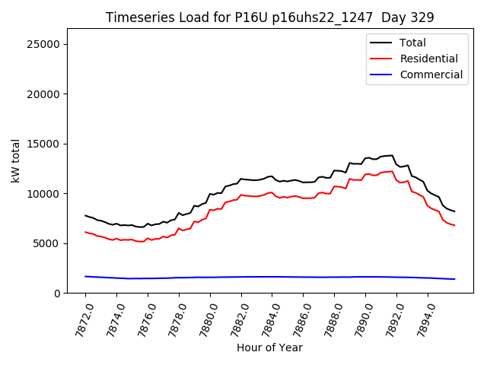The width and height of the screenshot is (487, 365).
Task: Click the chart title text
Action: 269,17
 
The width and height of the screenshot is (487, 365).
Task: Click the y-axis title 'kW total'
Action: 16,161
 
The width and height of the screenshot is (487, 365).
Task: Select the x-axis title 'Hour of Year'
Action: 269,348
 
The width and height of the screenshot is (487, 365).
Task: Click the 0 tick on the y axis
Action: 57,294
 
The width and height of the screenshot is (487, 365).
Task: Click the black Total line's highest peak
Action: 392,155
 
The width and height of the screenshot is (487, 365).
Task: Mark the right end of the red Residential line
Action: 454,225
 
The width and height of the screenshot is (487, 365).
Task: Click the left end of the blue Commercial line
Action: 85,276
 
